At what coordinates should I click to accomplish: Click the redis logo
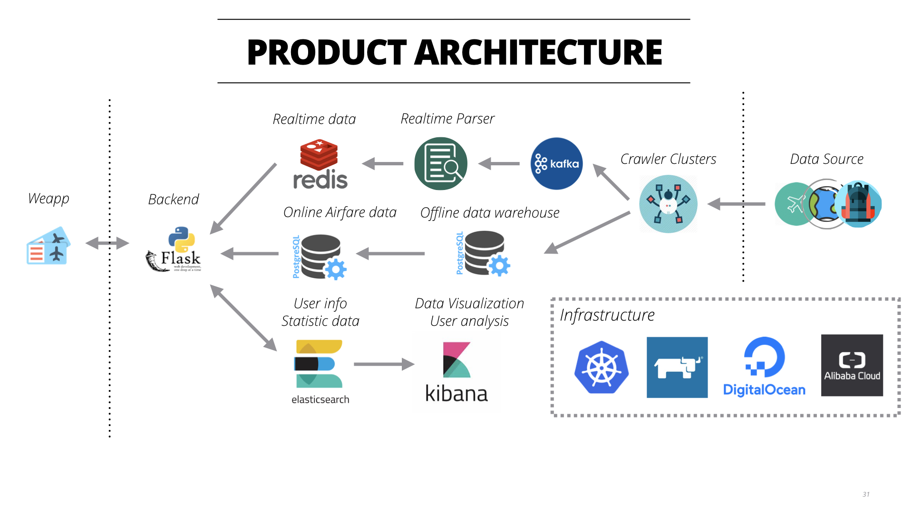click(320, 164)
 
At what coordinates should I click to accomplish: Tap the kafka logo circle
click(556, 164)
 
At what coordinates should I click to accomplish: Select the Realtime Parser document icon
click(441, 164)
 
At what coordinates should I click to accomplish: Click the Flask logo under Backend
click(174, 249)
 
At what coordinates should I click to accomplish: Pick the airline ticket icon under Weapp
click(48, 246)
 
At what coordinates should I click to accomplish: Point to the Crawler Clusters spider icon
click(668, 204)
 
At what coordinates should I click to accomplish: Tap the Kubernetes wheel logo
click(602, 367)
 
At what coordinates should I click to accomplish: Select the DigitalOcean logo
click(764, 367)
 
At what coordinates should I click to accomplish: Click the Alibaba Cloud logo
click(852, 365)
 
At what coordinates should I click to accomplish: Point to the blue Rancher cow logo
click(677, 367)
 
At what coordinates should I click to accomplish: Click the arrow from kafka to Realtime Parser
click(499, 164)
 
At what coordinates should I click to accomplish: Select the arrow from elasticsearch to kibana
click(384, 364)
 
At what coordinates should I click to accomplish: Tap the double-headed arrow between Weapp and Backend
click(107, 243)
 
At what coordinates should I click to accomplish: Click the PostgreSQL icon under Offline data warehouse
click(483, 254)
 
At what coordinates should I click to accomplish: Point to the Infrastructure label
click(607, 315)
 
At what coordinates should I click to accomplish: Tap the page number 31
click(866, 494)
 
